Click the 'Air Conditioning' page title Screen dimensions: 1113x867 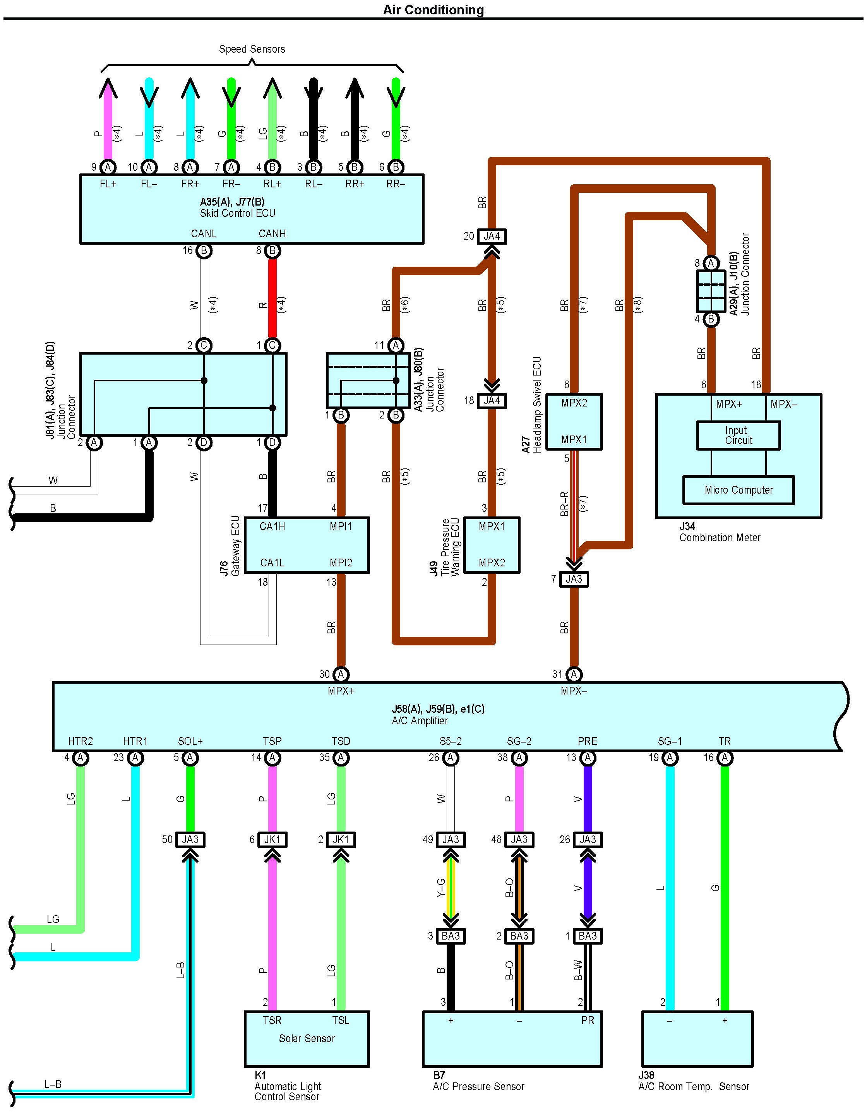[433, 10]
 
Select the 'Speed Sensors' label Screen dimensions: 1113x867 [252, 49]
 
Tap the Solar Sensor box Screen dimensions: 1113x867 [307, 1038]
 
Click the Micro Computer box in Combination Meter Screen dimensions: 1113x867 [738, 490]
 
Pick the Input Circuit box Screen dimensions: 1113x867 [738, 435]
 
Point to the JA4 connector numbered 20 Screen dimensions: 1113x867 [492, 236]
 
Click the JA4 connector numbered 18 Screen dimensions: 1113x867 [492, 401]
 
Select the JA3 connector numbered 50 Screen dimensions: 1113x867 [190, 839]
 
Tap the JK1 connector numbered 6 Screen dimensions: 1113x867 [272, 839]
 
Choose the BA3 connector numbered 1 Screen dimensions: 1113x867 [587, 936]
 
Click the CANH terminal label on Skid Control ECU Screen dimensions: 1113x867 [272, 233]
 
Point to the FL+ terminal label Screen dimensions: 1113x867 [108, 183]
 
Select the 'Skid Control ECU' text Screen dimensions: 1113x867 [237, 213]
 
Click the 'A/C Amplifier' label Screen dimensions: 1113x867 [420, 720]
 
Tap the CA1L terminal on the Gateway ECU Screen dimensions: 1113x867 [272, 563]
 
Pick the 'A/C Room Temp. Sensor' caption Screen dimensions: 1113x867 [693, 1087]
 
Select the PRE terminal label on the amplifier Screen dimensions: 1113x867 [587, 741]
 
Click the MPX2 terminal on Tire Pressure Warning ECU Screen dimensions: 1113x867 [492, 563]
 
